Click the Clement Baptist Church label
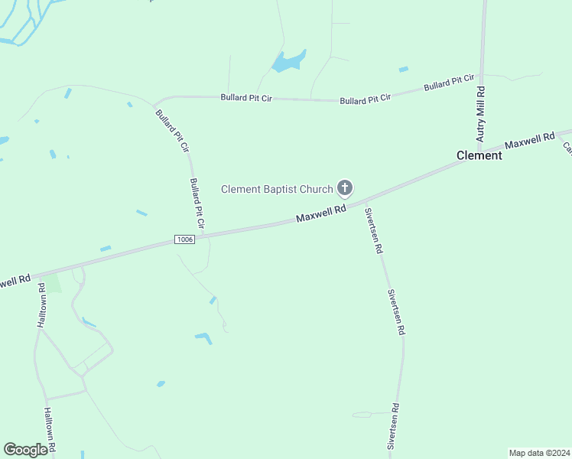(277, 189)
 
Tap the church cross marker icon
(345, 187)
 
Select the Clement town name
(479, 155)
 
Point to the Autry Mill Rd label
(481, 114)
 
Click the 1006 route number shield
(184, 239)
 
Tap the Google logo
(25, 450)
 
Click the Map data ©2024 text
(539, 453)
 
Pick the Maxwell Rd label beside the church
(321, 213)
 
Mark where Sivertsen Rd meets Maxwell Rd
(365, 201)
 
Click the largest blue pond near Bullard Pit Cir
(288, 61)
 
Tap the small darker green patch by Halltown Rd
(54, 283)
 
